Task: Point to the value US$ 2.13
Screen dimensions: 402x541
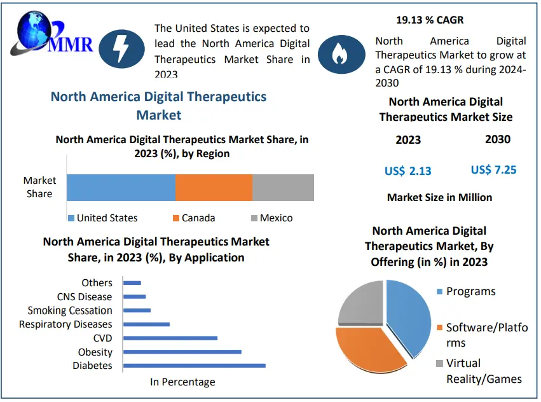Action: [x=407, y=170]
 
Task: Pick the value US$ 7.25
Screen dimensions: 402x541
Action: [x=493, y=169]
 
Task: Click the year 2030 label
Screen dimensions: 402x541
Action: [x=497, y=139]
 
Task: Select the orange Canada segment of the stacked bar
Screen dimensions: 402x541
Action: [x=214, y=188]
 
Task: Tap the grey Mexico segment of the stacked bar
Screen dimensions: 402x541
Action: [x=283, y=188]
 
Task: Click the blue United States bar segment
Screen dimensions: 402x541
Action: [x=121, y=188]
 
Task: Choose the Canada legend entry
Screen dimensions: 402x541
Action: [x=194, y=218]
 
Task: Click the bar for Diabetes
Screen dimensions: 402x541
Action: [x=194, y=365]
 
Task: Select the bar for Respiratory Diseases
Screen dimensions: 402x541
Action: [x=146, y=324]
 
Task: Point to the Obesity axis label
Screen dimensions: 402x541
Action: [x=95, y=352]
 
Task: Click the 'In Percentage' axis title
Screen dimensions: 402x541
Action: [x=182, y=382]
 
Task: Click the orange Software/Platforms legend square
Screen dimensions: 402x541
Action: [x=439, y=328]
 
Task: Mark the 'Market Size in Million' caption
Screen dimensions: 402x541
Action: [x=439, y=197]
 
